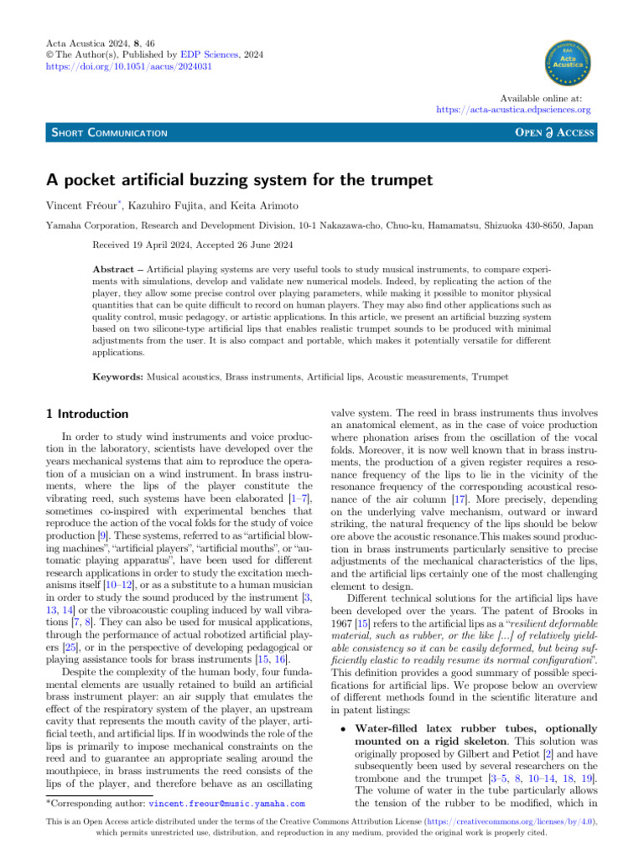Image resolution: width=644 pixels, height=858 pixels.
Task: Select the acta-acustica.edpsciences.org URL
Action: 513,110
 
